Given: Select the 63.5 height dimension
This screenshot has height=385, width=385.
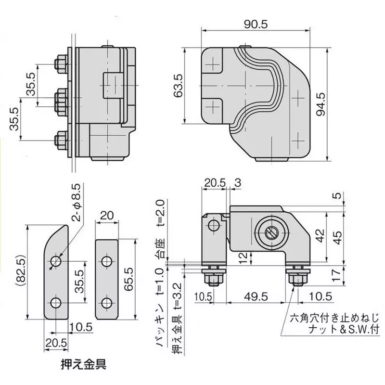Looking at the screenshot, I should click(x=178, y=85).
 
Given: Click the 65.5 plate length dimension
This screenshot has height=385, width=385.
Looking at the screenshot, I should click(x=129, y=277).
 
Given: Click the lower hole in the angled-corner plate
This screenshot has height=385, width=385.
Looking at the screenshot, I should click(x=56, y=303).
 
